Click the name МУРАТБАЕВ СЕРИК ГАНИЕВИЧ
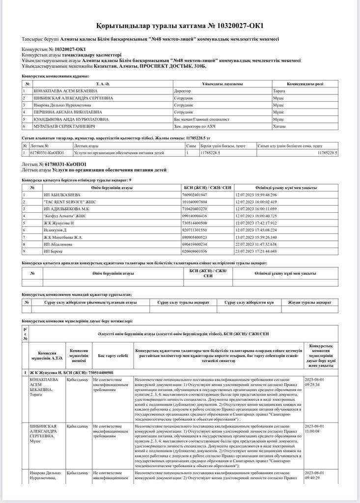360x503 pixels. (65, 126)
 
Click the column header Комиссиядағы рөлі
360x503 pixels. (305, 84)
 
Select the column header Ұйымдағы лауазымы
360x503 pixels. (222, 84)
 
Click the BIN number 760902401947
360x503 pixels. (195, 195)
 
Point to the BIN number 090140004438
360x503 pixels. (195, 216)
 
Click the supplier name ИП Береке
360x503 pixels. (54, 251)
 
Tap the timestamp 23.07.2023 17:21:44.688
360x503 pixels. (256, 251)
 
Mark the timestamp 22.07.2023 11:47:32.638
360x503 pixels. (256, 244)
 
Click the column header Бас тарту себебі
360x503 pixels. (112, 355)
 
